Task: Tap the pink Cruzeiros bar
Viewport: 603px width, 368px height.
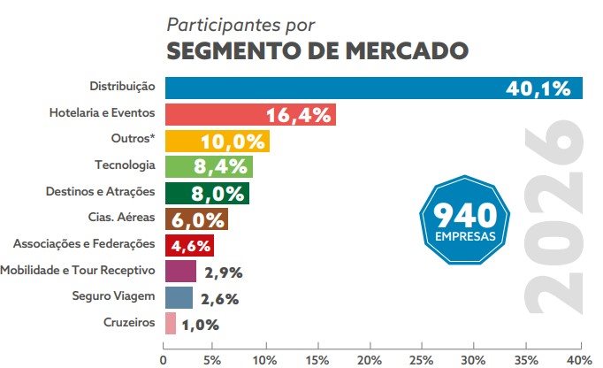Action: [x=170, y=323]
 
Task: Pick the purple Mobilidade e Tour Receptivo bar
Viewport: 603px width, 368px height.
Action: [x=180, y=271]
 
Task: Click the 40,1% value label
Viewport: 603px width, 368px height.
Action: [x=543, y=88]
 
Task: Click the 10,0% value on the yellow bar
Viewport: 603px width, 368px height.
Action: [x=233, y=141]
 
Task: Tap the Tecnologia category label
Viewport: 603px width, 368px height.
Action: [x=125, y=165]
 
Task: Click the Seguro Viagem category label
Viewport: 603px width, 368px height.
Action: [x=114, y=295]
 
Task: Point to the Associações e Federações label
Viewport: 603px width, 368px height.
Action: [x=85, y=243]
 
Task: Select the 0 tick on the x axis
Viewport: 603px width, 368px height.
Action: [x=164, y=359]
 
